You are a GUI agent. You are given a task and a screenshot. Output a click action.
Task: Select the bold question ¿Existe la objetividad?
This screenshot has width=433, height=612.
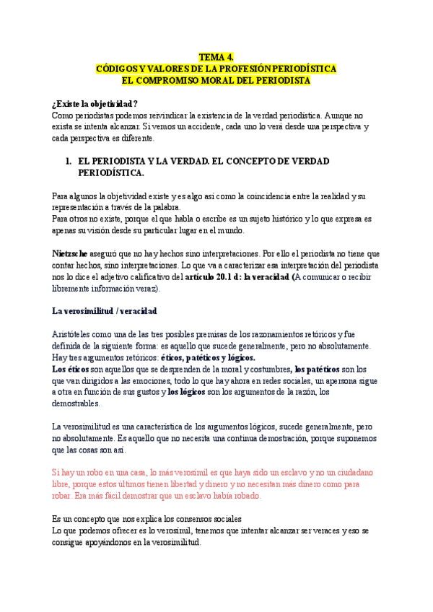95,104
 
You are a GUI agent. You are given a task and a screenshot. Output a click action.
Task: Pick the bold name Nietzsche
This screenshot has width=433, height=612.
71,254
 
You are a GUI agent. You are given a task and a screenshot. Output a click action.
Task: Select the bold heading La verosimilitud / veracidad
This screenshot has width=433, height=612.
105,311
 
